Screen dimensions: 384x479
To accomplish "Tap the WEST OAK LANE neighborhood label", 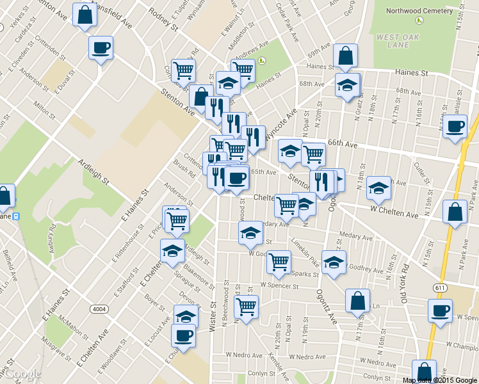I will click(x=393, y=42).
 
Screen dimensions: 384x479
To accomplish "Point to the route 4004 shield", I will click(x=99, y=308).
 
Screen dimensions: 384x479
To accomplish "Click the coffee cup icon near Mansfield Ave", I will click(x=101, y=47).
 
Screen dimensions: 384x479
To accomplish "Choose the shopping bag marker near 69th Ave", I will click(x=345, y=57).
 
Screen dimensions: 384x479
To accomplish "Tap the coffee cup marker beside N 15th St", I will click(x=455, y=127).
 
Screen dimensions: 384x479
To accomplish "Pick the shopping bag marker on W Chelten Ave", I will click(x=455, y=212).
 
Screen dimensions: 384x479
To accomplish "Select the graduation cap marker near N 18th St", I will click(x=378, y=188).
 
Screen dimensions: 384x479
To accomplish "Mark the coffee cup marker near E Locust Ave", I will click(x=183, y=335).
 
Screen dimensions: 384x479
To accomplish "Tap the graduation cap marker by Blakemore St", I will click(x=172, y=251).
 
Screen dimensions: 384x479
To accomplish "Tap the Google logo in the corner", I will click(x=21, y=374).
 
